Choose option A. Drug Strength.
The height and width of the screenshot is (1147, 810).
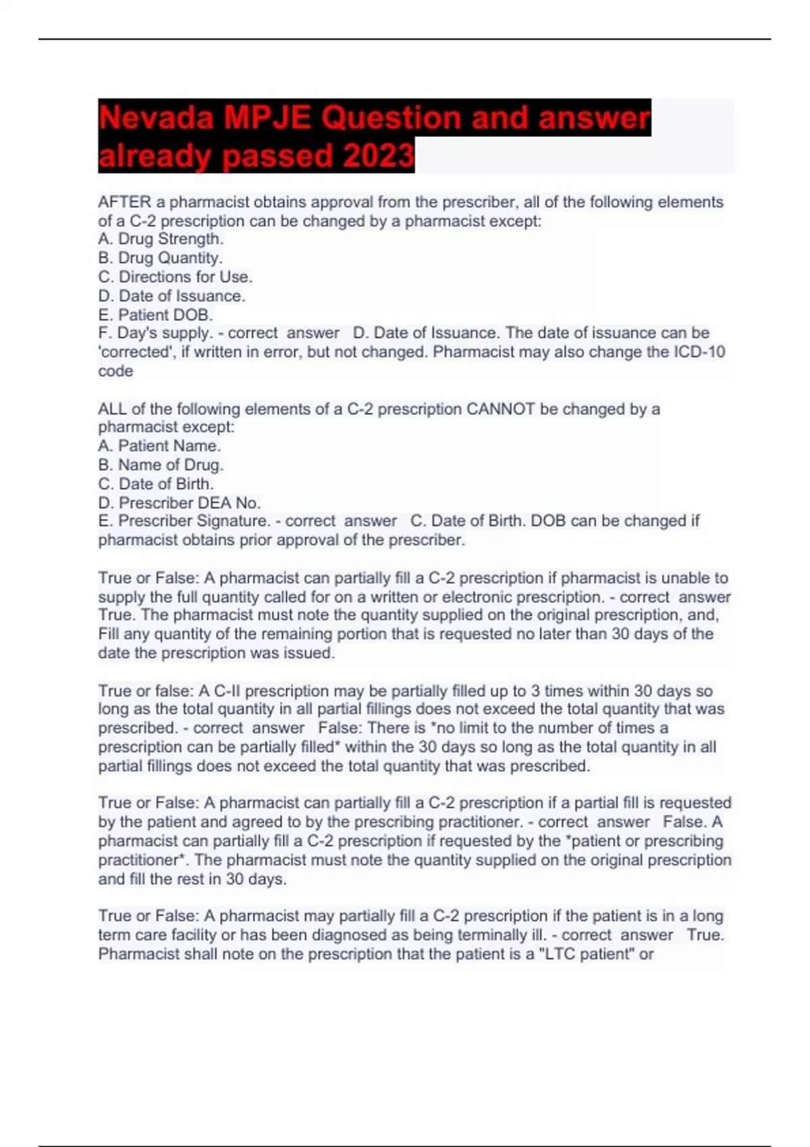(x=161, y=239)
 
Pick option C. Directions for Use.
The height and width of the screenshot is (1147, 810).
(x=175, y=277)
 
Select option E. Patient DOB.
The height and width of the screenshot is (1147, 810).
(x=155, y=314)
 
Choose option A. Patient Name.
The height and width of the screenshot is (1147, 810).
(x=159, y=445)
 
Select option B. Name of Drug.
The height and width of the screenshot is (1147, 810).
(x=161, y=464)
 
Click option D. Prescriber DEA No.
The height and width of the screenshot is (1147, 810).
(x=180, y=503)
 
